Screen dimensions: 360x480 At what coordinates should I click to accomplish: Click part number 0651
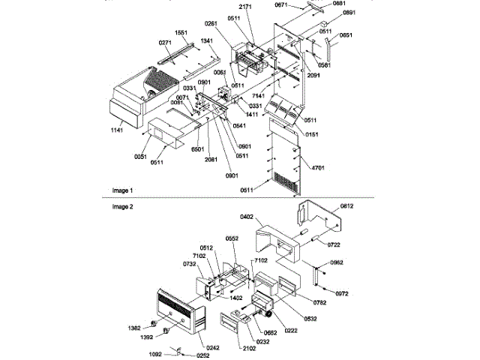[347, 35]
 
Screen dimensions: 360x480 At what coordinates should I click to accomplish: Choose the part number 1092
[156, 352]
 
